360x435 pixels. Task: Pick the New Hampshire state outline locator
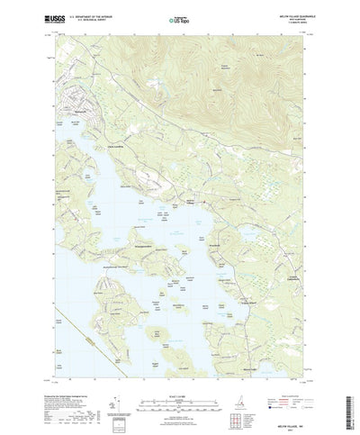pyautogui.click(x=240, y=396)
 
